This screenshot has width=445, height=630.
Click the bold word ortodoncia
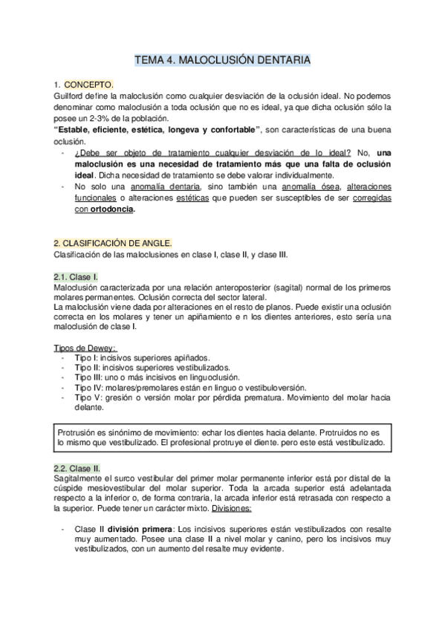[x=113, y=210]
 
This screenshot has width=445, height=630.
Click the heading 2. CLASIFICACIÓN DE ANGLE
[x=113, y=243]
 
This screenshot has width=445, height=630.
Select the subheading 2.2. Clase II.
[x=77, y=469]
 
